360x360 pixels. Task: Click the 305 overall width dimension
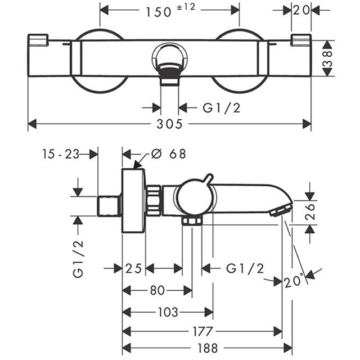pos(169,124)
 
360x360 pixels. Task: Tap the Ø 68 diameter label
pos(169,152)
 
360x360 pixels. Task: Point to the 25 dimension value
pos(134,269)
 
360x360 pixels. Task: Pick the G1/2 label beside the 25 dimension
pos(245,269)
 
